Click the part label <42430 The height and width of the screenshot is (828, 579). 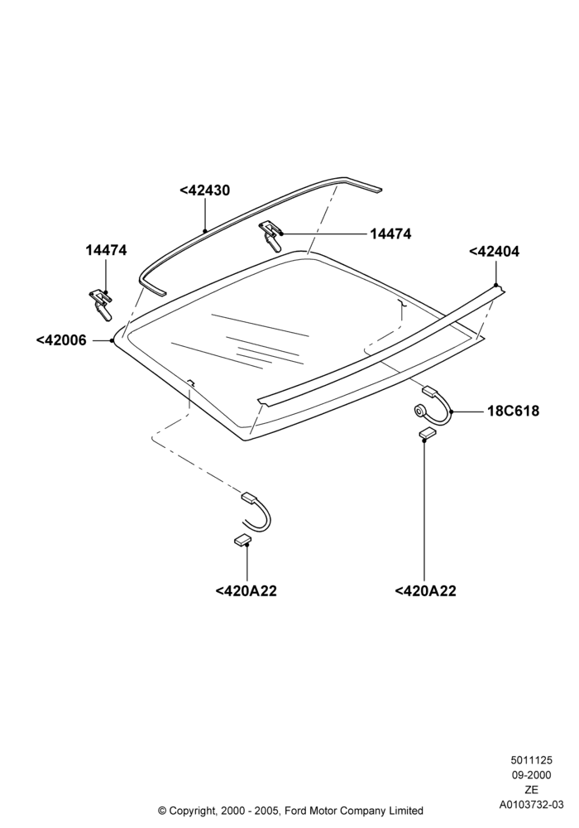pos(204,190)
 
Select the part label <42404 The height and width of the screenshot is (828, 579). pos(494,252)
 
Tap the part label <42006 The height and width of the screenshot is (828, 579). pos(61,340)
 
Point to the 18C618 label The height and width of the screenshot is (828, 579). pos(513,411)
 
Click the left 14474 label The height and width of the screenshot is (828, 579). pos(107,250)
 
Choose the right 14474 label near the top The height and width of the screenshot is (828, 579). pos(390,233)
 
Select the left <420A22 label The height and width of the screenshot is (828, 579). pos(246,591)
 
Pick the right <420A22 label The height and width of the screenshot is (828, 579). pos(425,591)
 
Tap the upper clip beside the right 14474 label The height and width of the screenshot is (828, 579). pos(270,236)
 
